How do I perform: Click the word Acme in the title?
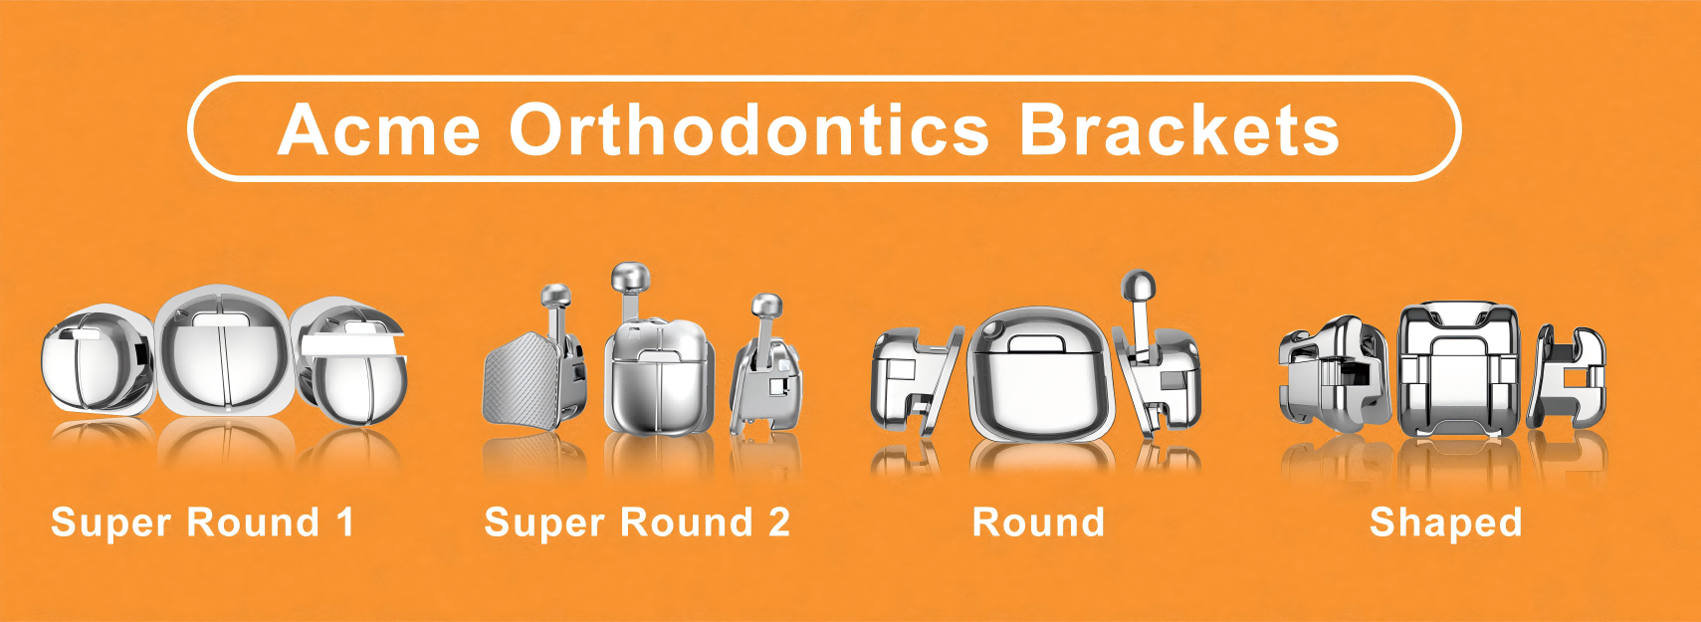tap(379, 129)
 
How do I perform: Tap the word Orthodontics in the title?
tap(748, 129)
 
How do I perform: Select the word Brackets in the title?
tap(1178, 129)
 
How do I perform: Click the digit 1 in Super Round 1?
tap(346, 522)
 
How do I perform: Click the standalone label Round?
tap(1038, 522)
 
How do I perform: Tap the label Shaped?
tap(1446, 523)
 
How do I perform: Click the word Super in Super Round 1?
tap(111, 522)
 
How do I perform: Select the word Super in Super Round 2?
tap(545, 522)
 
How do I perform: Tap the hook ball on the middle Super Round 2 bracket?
tap(630, 278)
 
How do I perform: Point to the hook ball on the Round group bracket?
tap(1139, 286)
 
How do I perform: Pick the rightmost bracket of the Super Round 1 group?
tap(350, 360)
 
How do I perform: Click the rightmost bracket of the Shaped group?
tap(1568, 375)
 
